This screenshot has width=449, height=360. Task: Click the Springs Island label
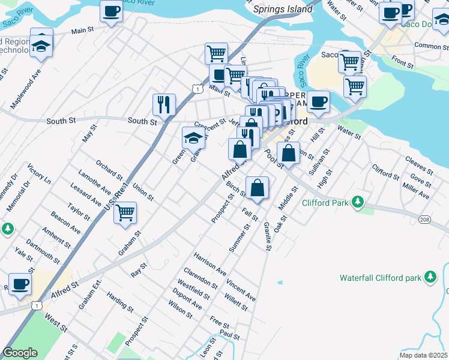[283, 9]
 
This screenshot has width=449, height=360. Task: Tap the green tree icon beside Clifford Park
[358, 202]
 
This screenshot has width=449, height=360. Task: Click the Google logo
[20, 353]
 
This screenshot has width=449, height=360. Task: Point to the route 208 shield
[425, 220]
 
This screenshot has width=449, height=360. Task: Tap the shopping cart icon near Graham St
[125, 213]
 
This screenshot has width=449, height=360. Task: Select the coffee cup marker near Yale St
[20, 284]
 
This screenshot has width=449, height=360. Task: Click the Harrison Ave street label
[209, 263]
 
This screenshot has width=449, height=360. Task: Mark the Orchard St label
[109, 170]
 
